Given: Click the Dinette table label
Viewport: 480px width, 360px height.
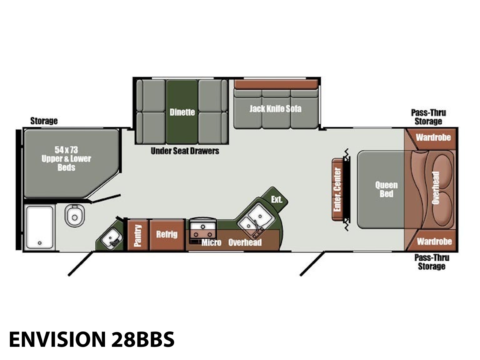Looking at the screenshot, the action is pyautogui.click(x=182, y=112).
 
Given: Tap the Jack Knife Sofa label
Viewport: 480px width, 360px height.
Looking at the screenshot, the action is pyautogui.click(x=275, y=109).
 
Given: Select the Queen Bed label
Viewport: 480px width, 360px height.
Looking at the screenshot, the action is pyautogui.click(x=386, y=189).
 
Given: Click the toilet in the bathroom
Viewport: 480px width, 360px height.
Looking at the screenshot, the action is pyautogui.click(x=75, y=216).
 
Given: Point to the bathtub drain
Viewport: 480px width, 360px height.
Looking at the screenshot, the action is pyautogui.click(x=40, y=243).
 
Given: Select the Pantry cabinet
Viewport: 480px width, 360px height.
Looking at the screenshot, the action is pyautogui.click(x=138, y=235).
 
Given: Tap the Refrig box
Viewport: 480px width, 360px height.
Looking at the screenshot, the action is pyautogui.click(x=167, y=235).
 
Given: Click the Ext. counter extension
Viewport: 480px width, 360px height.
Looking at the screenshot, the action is pyautogui.click(x=276, y=199).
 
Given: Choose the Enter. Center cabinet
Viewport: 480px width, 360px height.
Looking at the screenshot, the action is pyautogui.click(x=337, y=190).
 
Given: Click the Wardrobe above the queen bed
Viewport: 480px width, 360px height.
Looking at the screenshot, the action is pyautogui.click(x=433, y=138).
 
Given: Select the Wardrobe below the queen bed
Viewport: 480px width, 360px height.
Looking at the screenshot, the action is pyautogui.click(x=434, y=241).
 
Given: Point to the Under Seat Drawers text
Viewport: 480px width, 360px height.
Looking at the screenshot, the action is pyautogui.click(x=185, y=151).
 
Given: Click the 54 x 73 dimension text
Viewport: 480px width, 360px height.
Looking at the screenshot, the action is pyautogui.click(x=66, y=150).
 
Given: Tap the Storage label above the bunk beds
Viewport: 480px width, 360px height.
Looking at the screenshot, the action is pyautogui.click(x=44, y=121).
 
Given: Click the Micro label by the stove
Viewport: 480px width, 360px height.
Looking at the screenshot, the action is pyautogui.click(x=211, y=242).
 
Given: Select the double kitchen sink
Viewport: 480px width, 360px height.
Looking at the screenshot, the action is pyautogui.click(x=255, y=220).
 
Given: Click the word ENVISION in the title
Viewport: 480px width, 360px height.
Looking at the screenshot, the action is pyautogui.click(x=57, y=339).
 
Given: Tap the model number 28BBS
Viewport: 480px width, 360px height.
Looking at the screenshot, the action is pyautogui.click(x=143, y=339).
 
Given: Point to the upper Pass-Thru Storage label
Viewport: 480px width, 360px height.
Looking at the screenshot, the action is pyautogui.click(x=428, y=117).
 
